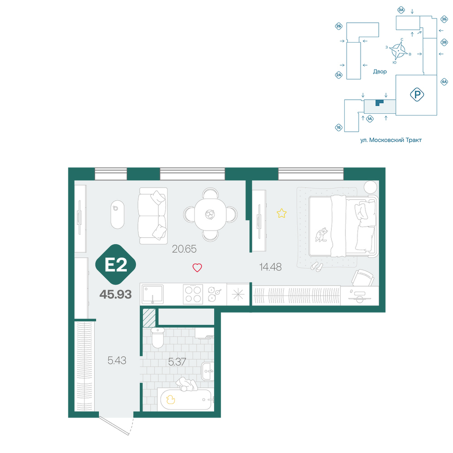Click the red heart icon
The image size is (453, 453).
tap(198, 268)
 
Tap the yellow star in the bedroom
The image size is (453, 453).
tap(281, 213)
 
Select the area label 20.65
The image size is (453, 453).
tap(184, 249)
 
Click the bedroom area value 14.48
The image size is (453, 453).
tap(270, 267)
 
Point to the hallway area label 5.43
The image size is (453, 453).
tap(117, 361)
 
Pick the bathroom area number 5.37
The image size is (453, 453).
tap(177, 361)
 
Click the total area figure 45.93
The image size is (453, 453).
tap(116, 294)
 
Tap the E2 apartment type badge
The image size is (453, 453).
tap(116, 265)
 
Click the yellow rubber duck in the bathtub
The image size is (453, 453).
tap(170, 400)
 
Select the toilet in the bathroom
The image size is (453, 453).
tap(158, 338)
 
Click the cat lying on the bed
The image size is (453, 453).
tap(322, 234)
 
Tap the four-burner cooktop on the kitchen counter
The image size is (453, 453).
tap(193, 294)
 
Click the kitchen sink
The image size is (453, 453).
tap(153, 294)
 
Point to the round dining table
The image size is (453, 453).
tap(210, 215)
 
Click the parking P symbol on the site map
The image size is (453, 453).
tap(417, 95)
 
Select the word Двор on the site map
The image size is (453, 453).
tap(380, 72)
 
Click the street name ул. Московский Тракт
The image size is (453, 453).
tap(391, 140)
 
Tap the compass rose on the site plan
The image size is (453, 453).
tap(398, 51)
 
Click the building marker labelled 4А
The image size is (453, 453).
tap(444, 82)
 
